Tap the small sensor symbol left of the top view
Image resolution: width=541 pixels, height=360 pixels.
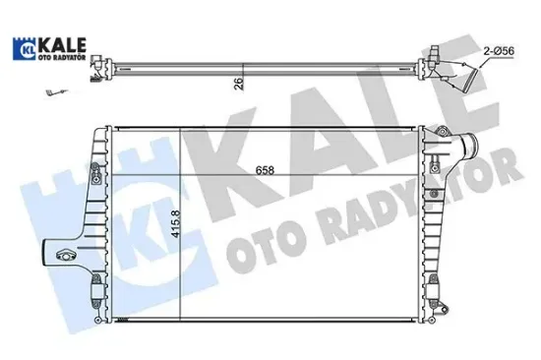(48, 94)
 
